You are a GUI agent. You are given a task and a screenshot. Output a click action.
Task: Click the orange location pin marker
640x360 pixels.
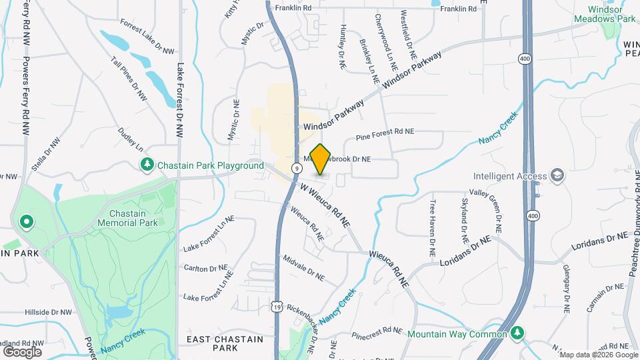pyautogui.click(x=320, y=159)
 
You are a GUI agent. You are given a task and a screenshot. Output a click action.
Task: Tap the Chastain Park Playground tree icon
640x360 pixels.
pyautogui.click(x=146, y=164)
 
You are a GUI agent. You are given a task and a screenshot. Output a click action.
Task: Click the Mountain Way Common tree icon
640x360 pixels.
pyautogui.click(x=517, y=333)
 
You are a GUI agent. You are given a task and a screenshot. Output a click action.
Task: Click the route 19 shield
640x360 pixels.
pyautogui.click(x=276, y=305)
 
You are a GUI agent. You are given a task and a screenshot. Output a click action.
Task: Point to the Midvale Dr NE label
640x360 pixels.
pyautogui.click(x=303, y=267)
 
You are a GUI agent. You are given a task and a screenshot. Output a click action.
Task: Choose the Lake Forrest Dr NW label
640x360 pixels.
pyautogui.click(x=180, y=100)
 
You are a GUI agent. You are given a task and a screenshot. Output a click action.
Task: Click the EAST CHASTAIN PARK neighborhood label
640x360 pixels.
pyautogui.click(x=225, y=343)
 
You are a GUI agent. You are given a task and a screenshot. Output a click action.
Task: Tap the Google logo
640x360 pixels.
pyautogui.click(x=23, y=351)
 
